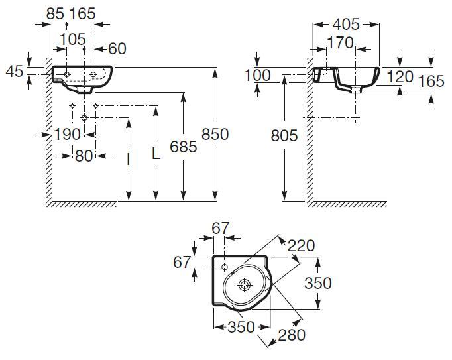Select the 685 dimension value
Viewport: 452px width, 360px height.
[183, 147]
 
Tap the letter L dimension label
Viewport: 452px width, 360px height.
[156, 154]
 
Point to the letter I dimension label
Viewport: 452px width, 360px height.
[127, 159]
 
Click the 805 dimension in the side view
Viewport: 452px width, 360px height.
[284, 136]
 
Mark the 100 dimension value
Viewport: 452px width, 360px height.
[258, 75]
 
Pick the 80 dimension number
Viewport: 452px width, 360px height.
[82, 156]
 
